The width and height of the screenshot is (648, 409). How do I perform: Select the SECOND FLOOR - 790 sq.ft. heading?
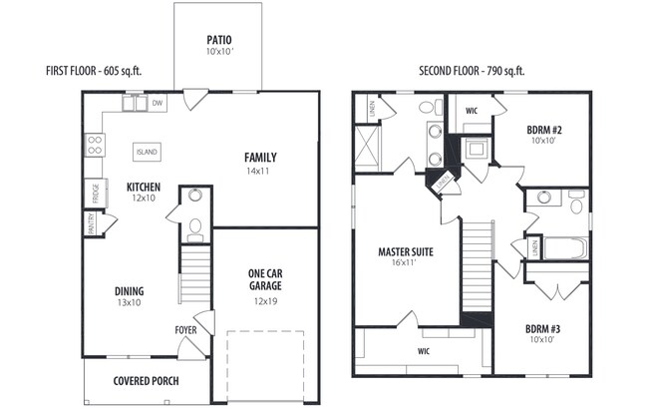[472, 71]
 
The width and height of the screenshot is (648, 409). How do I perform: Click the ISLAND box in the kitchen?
[147, 152]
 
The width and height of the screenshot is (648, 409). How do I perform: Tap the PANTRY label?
[90, 224]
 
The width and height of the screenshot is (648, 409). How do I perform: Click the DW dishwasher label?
[158, 102]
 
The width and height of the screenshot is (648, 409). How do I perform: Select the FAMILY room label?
[260, 158]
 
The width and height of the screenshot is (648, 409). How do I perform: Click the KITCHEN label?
[145, 187]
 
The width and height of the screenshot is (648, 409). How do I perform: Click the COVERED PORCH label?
[146, 380]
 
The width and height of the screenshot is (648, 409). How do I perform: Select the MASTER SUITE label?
[405, 251]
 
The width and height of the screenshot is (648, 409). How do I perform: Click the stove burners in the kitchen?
[95, 145]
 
